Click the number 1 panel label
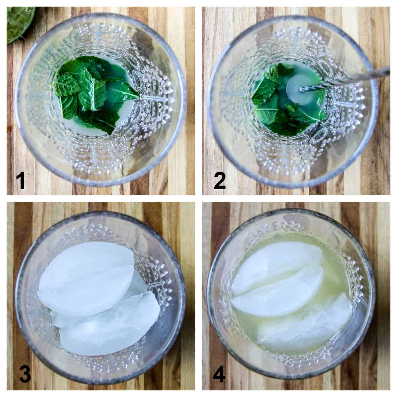(21, 181)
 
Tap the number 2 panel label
(219, 181)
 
